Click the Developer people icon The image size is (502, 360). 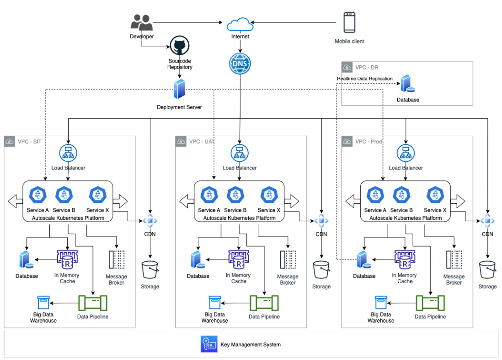[x=142, y=22]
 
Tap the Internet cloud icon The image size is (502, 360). [x=240, y=24]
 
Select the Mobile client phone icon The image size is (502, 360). [x=349, y=22]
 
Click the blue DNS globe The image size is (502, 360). [x=240, y=64]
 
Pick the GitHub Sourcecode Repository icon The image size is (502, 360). [x=180, y=45]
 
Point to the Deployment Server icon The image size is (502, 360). [x=179, y=89]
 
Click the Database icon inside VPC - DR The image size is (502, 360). [x=407, y=84]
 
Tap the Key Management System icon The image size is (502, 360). [x=209, y=344]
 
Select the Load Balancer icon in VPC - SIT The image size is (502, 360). [x=68, y=153]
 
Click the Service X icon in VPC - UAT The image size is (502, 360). [x=269, y=195]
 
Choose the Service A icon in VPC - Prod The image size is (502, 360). [x=375, y=195]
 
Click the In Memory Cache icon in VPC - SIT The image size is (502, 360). [x=67, y=259]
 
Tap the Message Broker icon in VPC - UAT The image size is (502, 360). [x=288, y=259]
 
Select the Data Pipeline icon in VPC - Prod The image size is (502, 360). [x=430, y=303]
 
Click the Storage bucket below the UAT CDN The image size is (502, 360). [x=321, y=270]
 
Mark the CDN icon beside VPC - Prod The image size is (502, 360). [x=487, y=221]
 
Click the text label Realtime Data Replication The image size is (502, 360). [x=365, y=79]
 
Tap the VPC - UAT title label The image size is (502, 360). [x=202, y=142]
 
